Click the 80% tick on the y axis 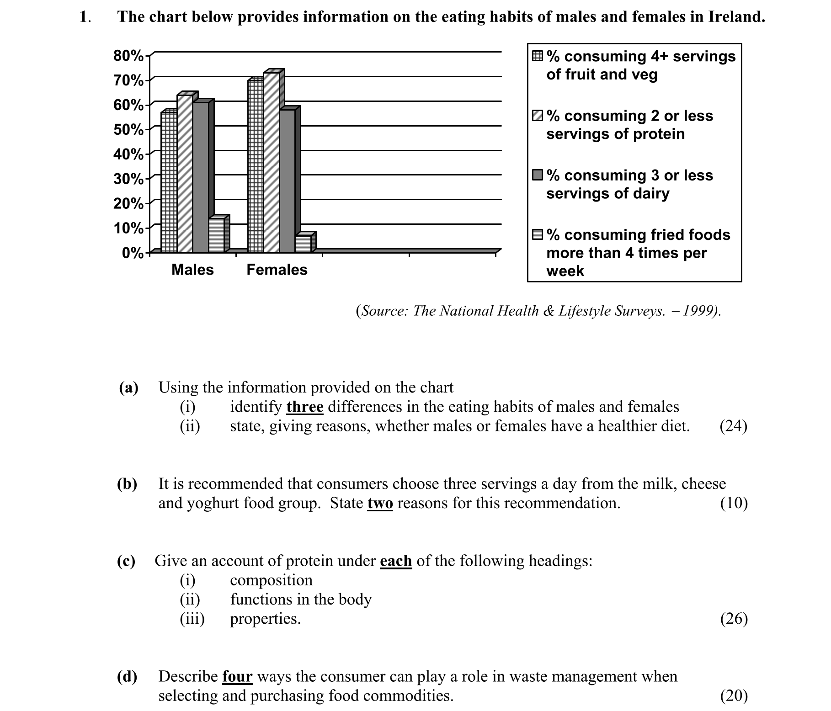[x=128, y=56]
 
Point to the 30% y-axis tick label [x=128, y=179]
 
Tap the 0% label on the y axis [x=132, y=253]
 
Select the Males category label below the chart [x=192, y=270]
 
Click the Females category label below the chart [x=277, y=270]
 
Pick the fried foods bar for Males [x=217, y=235]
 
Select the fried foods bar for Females [x=303, y=243]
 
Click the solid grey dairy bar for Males [x=200, y=176]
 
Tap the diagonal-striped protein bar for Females [x=272, y=162]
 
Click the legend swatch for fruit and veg [x=538, y=57]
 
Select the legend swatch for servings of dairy [x=538, y=175]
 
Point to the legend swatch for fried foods [x=538, y=235]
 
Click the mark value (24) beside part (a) [x=733, y=426]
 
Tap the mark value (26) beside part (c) [x=734, y=619]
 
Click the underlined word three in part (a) [x=305, y=407]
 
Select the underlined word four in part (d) [x=237, y=676]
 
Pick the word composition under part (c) [x=271, y=580]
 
